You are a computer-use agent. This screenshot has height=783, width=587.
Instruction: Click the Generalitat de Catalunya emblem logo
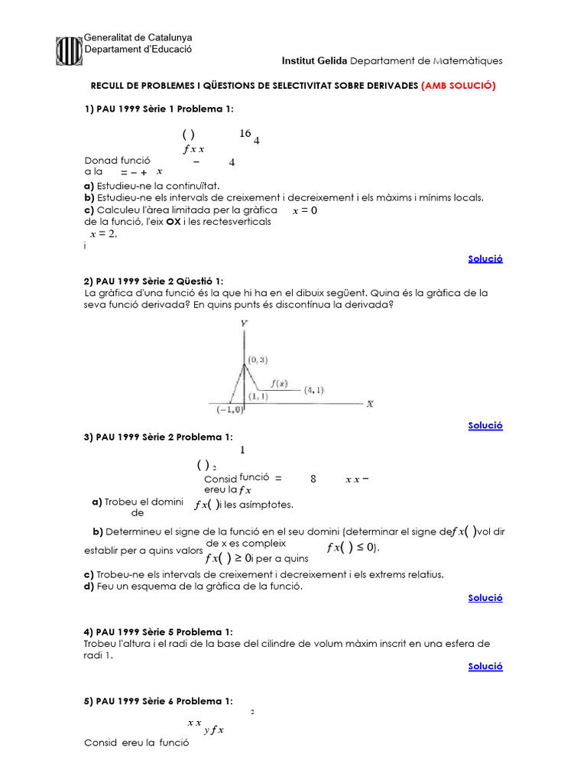tap(69, 50)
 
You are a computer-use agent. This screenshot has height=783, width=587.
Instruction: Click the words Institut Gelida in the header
tap(314, 61)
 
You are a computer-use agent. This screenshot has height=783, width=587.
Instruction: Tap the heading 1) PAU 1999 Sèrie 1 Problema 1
tap(154, 109)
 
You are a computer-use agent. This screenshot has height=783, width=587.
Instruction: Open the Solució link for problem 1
tap(485, 258)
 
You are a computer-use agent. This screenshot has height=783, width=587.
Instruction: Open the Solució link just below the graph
tap(485, 425)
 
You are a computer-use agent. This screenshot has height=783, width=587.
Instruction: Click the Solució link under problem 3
tap(485, 598)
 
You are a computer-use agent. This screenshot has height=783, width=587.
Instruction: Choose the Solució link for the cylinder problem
tap(485, 666)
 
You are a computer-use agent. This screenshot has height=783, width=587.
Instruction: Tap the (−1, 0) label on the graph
tap(229, 410)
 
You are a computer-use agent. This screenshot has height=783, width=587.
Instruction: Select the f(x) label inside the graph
tap(278, 383)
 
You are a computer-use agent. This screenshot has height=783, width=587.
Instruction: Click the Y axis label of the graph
tap(243, 324)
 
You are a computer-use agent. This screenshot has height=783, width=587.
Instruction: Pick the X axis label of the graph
tap(369, 404)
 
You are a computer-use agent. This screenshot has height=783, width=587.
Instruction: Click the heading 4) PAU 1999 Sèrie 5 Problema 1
tap(159, 632)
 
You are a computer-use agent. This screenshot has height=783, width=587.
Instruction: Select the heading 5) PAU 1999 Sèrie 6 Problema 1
tap(159, 701)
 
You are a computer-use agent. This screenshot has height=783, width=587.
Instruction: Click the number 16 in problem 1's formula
tap(245, 134)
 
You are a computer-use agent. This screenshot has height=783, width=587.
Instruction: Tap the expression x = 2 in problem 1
tap(103, 234)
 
